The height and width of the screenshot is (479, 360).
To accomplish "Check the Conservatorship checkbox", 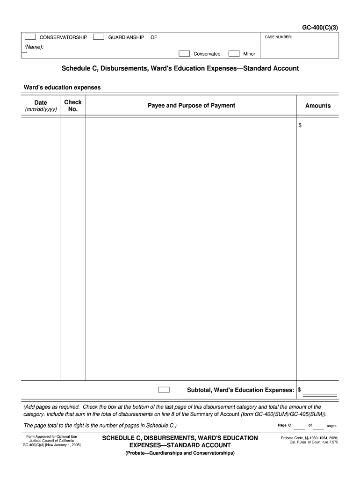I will coord(30,37).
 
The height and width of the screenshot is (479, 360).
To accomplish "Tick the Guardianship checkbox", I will coord(99,37).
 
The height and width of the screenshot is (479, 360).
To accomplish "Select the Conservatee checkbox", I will coord(184,53).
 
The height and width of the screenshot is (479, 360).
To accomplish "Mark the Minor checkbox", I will coord(234,53).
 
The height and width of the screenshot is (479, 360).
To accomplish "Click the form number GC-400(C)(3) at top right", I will coord(319,27).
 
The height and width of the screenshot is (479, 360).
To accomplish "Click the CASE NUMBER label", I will coord(278,37).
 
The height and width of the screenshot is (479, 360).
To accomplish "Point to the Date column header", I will coord(41,102).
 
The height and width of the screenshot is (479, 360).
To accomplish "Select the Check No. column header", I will coord(73,106).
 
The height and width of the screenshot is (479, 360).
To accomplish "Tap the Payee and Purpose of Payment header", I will coord(191,106).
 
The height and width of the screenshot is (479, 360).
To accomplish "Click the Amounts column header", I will coord(318,106).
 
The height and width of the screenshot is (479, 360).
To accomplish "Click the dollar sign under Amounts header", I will coord(301,125).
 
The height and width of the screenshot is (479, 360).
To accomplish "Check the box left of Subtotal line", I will coord(164,390).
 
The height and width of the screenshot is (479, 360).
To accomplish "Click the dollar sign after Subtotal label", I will coord(300,390).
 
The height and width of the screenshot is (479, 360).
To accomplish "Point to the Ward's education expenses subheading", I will coord(62,87).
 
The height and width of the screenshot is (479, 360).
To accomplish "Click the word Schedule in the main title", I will coord(76,68).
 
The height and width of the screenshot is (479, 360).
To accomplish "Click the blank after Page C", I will coord(299,426).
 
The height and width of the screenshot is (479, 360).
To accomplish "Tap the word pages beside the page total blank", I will coord(331,426).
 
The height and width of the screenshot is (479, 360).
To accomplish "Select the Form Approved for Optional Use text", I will coord(51,436).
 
